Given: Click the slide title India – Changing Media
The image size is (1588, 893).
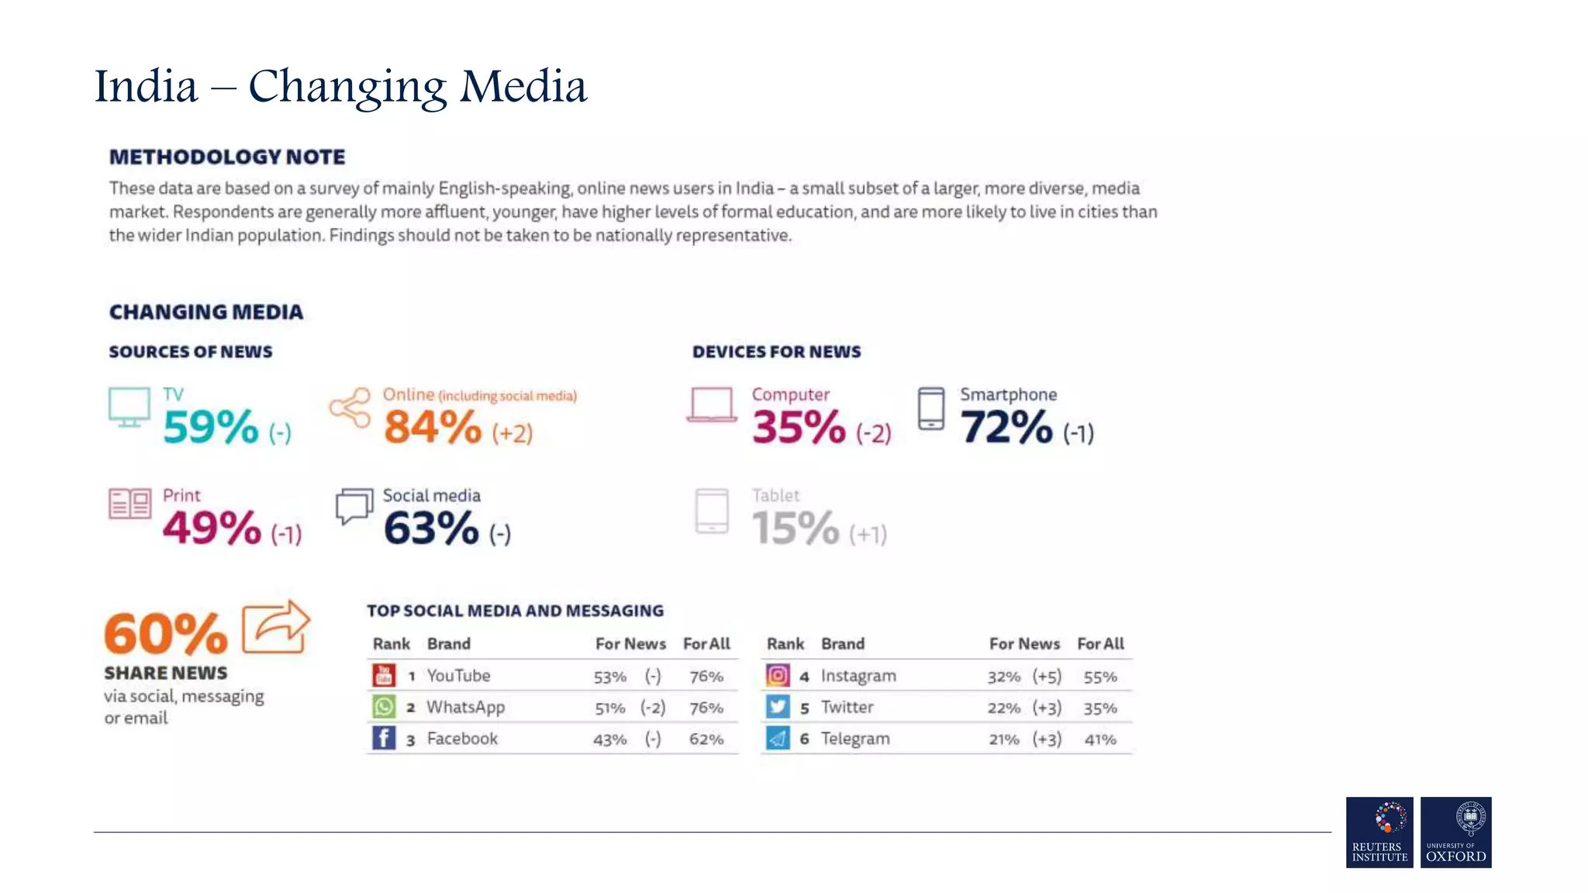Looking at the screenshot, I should point(340,86).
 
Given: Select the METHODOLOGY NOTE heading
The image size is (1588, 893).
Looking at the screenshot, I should point(227,157).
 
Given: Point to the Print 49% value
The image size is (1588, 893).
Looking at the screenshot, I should point(212,528).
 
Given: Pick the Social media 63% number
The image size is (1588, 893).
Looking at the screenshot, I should point(431,528).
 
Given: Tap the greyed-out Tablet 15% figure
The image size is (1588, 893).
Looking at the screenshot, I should point(795,528).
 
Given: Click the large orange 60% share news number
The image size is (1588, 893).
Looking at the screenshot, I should point(166,633).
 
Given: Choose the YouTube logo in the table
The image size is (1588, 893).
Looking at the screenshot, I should point(384,675).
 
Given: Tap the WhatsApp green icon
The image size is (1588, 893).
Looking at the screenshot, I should point(384,707).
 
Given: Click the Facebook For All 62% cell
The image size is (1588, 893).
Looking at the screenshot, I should point(706,740).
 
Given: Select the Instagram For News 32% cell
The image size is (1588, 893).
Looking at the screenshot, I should point(1003,677).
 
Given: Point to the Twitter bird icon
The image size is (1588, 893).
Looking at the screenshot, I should point(778,707).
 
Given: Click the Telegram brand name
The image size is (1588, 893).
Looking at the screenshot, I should point(855,739).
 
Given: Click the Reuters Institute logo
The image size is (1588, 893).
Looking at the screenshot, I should point(1379,832).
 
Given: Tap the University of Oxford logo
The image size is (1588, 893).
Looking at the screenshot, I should point(1455,832).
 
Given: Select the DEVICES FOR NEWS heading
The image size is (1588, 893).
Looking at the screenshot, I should point(776,352).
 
